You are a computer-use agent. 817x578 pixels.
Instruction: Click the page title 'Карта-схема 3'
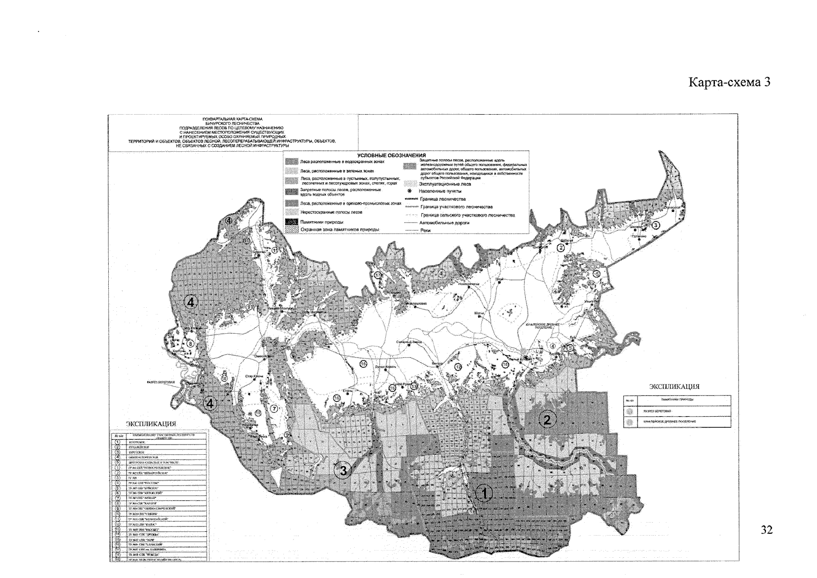click(730, 83)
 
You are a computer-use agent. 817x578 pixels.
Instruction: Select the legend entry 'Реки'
click(425, 230)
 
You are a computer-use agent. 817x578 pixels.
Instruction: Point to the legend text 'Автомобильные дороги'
click(444, 223)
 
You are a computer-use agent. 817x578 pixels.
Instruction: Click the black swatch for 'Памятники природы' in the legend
click(291, 222)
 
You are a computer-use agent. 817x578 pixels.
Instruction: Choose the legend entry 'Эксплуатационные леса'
click(445, 184)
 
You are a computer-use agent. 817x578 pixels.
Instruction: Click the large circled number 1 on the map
click(485, 493)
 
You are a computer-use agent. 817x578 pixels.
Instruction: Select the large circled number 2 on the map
click(547, 420)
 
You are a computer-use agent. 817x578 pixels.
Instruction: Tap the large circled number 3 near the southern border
click(343, 471)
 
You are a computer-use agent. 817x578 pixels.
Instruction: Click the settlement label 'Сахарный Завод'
click(409, 342)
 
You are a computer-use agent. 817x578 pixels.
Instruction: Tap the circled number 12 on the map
click(458, 367)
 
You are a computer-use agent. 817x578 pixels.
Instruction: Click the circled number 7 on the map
click(275, 409)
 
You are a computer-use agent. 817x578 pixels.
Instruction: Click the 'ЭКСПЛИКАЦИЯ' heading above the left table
click(151, 424)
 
